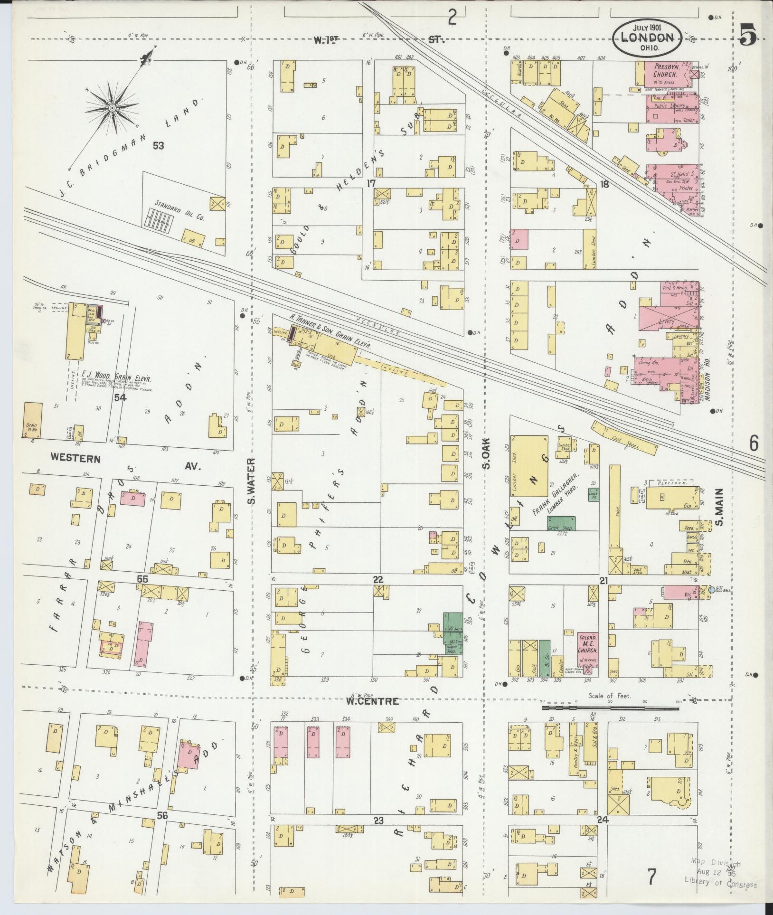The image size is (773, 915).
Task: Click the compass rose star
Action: click(x=112, y=108)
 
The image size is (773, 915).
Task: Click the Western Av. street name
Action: click(x=126, y=462)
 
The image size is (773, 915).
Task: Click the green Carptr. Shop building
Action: click(x=560, y=523)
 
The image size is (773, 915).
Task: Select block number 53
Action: click(x=158, y=146)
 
